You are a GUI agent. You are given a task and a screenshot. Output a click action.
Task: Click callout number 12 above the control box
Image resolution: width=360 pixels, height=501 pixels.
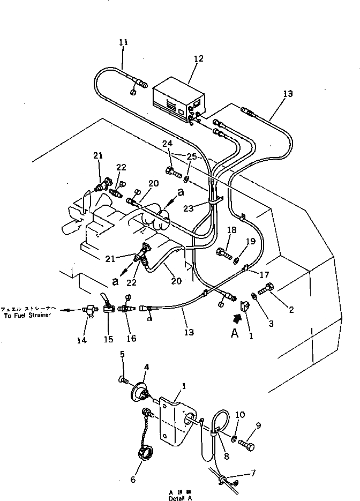[x=199, y=59]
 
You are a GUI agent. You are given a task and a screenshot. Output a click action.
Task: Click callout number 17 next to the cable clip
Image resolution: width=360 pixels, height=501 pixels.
[x=264, y=275]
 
